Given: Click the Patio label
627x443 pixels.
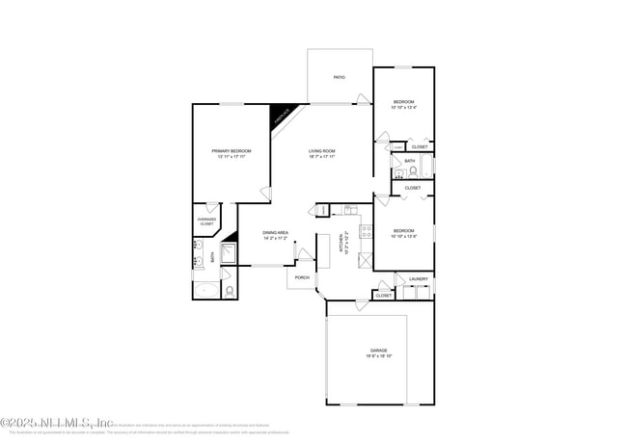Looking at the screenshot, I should (x=339, y=77).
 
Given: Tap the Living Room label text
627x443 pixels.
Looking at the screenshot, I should (x=321, y=151).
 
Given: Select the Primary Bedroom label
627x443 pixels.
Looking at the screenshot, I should (x=232, y=151).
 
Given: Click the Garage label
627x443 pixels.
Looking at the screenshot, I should (x=379, y=351).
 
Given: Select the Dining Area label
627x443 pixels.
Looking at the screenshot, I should (x=276, y=232).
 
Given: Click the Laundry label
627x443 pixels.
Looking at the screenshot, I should (x=418, y=279).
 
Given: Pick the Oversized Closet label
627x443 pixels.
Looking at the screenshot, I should (x=207, y=221).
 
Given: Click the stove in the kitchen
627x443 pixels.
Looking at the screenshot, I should (x=367, y=230).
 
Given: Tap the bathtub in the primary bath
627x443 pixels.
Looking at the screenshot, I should (x=206, y=290).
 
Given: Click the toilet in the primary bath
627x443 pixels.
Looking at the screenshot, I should (x=229, y=290).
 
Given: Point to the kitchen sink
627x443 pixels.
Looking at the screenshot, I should (x=349, y=210).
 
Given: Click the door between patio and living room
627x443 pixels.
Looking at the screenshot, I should (x=363, y=101).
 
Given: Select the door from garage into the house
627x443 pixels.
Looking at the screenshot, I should (x=362, y=305).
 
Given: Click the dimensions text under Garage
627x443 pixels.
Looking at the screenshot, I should (x=379, y=356).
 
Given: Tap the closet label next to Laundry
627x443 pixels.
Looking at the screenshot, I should (x=383, y=296).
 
